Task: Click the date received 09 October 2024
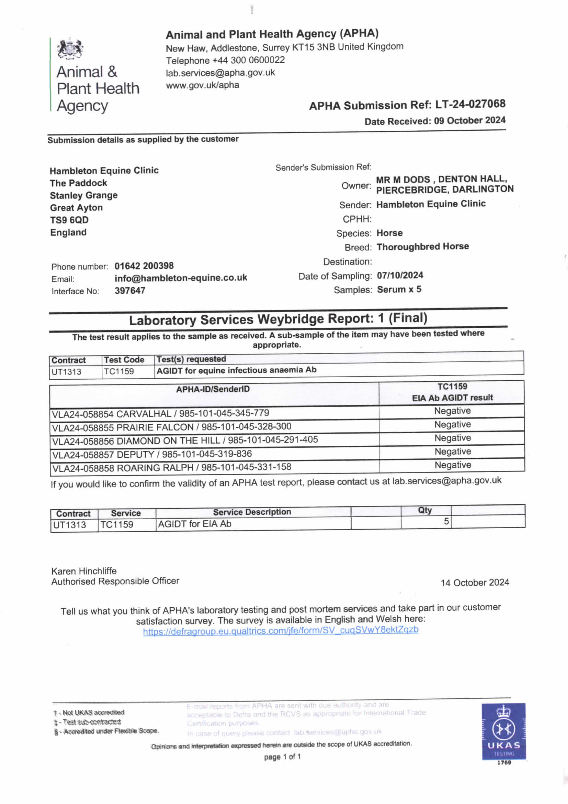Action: (470, 120)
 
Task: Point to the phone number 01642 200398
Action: (144, 266)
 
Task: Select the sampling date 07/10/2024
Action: (400, 275)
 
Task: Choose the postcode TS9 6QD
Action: (69, 220)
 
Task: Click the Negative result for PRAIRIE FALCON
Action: (452, 424)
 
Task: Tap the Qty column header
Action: (425, 510)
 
